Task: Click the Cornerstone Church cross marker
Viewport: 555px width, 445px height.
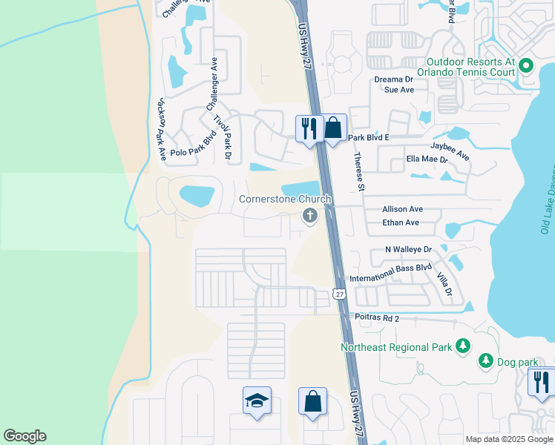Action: coord(309,216)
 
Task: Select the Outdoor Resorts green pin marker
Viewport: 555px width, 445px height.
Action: coord(526,66)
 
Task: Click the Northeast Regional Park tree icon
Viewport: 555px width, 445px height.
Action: coord(463,346)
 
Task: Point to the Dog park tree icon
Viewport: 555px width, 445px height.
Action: coord(486,360)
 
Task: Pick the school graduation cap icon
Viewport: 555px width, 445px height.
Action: coord(257,400)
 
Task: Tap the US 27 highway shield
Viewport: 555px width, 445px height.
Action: coord(340,294)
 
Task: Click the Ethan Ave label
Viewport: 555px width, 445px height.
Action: coord(401,222)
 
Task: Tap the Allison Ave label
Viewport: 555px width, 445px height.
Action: coord(402,210)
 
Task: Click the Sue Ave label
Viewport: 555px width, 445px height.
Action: coord(398,90)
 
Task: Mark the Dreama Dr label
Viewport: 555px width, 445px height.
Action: coord(393,79)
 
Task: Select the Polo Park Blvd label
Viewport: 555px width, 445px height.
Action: coord(192,148)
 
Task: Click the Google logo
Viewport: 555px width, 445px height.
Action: coord(24,436)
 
